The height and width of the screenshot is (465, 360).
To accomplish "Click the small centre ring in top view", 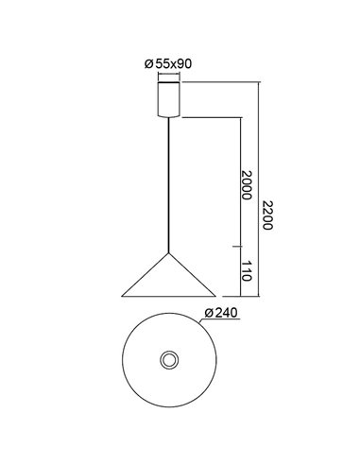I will (170, 361).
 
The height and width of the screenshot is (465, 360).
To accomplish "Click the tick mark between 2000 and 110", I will (236, 247).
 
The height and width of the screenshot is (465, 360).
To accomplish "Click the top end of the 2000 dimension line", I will (236, 116).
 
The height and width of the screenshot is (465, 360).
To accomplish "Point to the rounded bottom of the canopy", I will (170, 114).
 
